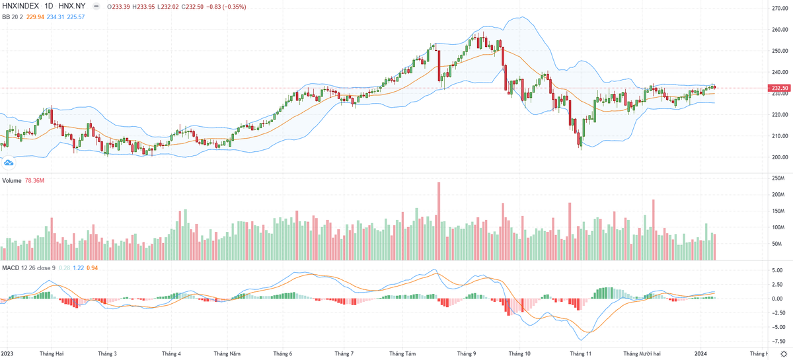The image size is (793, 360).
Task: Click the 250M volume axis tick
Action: tap(777, 179)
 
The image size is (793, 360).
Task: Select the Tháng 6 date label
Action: tap(283, 354)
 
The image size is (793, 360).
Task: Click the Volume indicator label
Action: tap(12, 180)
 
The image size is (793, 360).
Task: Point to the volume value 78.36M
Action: tap(34, 180)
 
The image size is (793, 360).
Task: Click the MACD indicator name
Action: tap(11, 268)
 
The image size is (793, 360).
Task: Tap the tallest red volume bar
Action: tap(438, 221)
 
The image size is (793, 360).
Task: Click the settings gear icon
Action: tap(783, 354)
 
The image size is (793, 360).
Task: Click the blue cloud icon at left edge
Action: tap(9, 162)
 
